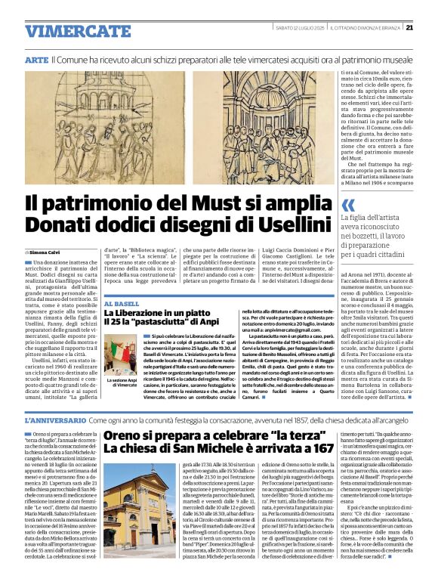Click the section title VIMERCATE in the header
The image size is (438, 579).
point(67,31)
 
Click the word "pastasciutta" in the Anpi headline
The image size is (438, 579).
point(164,323)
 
